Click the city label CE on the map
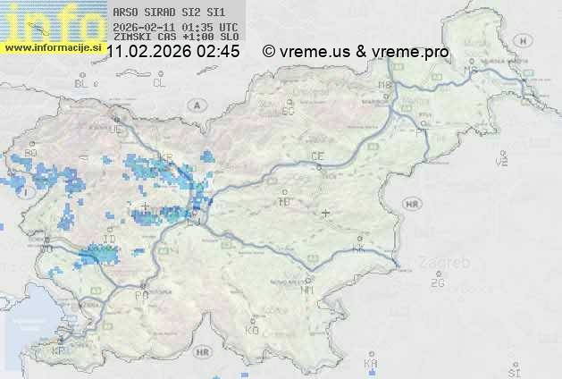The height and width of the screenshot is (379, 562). point(317,156)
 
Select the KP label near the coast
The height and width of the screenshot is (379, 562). point(59,352)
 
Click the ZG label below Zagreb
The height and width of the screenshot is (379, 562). point(437,283)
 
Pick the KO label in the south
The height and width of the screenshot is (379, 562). point(252,331)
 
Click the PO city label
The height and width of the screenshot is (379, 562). point(140,295)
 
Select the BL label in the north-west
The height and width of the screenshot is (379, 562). point(82,83)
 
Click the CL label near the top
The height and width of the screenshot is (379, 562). point(159,83)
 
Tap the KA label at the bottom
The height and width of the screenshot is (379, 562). point(371,364)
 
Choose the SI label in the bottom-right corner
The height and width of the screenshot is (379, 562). point(513,371)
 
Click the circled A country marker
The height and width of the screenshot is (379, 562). point(196,105)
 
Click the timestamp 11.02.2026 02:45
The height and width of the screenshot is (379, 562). point(172,52)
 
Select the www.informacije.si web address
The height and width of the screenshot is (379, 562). point(52,46)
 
